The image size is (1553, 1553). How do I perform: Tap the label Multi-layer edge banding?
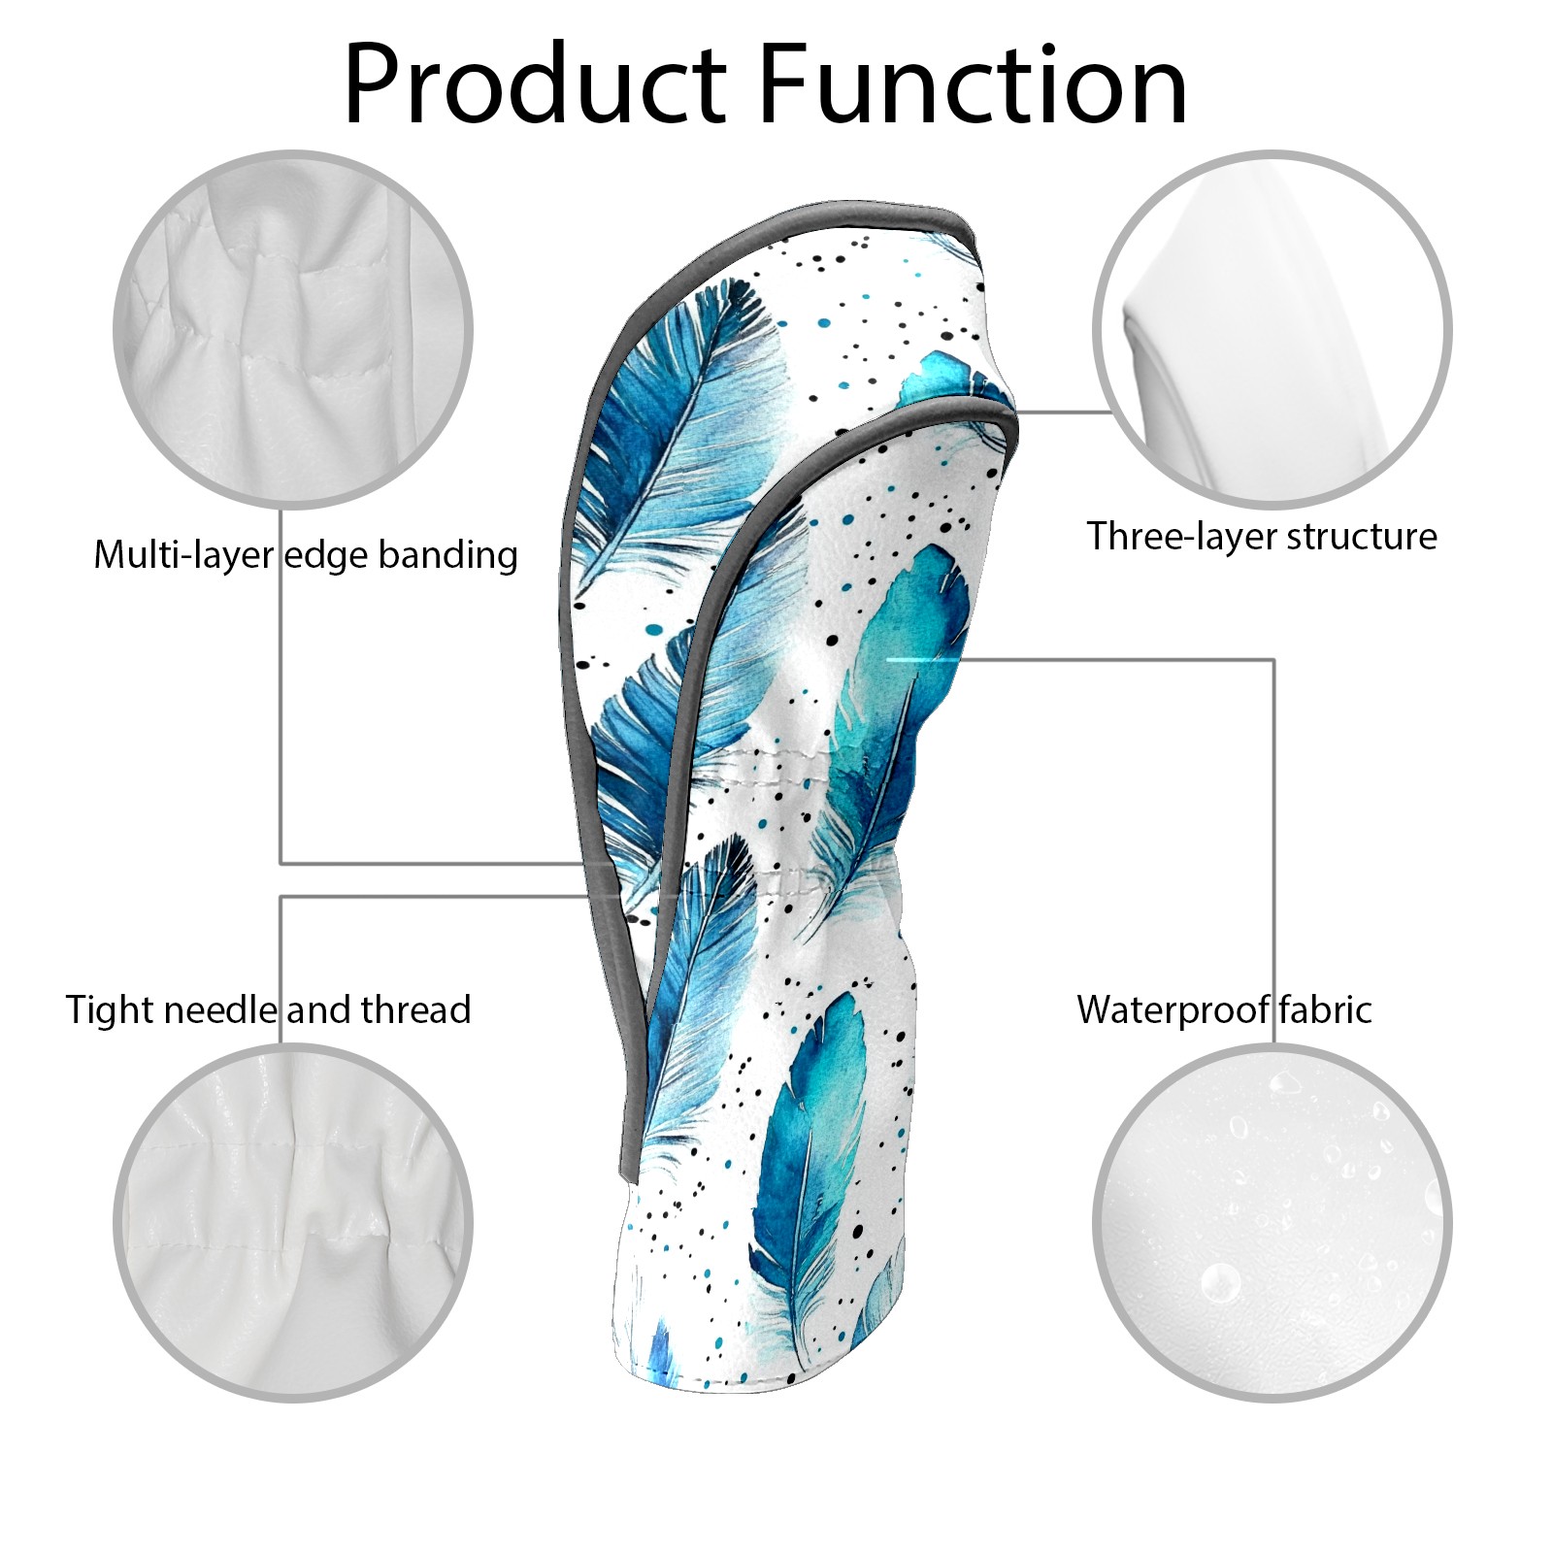(x=305, y=555)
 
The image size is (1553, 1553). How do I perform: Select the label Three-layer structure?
(x=1261, y=536)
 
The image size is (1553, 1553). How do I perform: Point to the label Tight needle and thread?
(x=268, y=1009)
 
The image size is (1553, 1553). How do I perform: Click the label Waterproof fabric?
(x=1224, y=1009)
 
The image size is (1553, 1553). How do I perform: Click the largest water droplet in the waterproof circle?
(x=1220, y=1282)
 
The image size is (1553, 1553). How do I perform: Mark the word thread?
(x=415, y=1009)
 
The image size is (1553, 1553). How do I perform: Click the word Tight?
(x=109, y=1009)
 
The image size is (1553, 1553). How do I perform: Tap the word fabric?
(x=1324, y=1009)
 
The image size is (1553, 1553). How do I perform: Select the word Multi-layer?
(x=183, y=555)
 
